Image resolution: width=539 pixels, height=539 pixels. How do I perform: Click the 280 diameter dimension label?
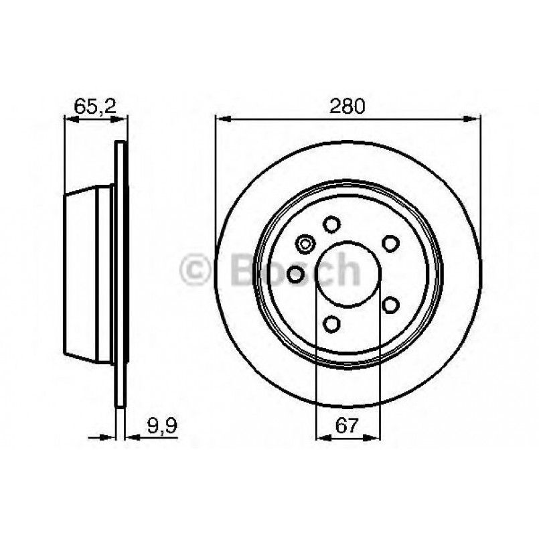point(347,105)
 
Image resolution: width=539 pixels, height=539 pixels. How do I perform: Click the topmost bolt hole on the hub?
point(330,224)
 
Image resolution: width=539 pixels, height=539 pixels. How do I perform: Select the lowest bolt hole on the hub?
point(330,324)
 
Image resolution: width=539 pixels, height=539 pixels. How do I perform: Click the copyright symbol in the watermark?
point(197,270)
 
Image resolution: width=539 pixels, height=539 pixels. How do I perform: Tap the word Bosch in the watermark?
point(295,269)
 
